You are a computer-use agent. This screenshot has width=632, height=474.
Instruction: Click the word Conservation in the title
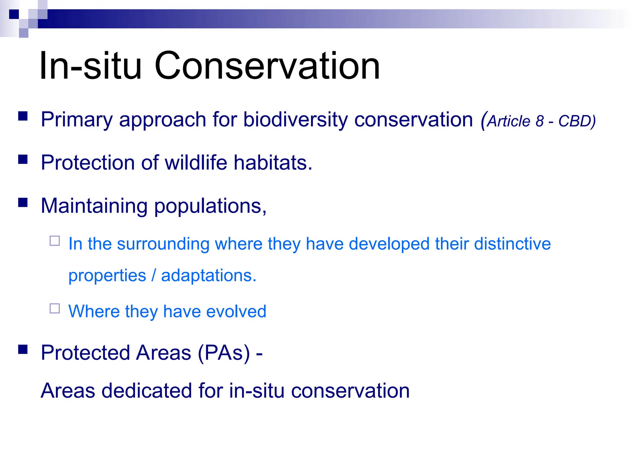click(x=267, y=66)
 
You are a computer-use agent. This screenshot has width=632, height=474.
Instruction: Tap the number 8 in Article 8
click(x=539, y=121)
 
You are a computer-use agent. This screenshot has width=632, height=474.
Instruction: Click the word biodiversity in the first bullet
click(x=295, y=120)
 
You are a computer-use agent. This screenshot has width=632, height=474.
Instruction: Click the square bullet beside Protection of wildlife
click(x=23, y=159)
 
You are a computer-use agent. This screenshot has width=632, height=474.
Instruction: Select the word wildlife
click(x=196, y=162)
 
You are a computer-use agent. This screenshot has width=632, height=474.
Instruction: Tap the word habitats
click(x=273, y=162)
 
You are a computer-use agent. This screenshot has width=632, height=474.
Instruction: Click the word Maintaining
click(x=94, y=206)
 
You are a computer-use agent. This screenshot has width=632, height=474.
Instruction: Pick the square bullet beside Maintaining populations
click(x=23, y=202)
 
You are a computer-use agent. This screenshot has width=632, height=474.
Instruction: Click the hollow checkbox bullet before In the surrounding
click(x=55, y=241)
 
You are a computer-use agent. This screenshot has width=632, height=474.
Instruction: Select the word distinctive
click(x=512, y=244)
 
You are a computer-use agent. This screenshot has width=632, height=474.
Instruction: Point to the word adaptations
click(x=209, y=275)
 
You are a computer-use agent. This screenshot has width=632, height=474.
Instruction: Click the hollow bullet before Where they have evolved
click(x=55, y=308)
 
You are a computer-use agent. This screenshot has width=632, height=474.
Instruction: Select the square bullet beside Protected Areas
click(x=23, y=349)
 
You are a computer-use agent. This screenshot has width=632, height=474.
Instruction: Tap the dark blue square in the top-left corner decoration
click(x=14, y=14)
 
